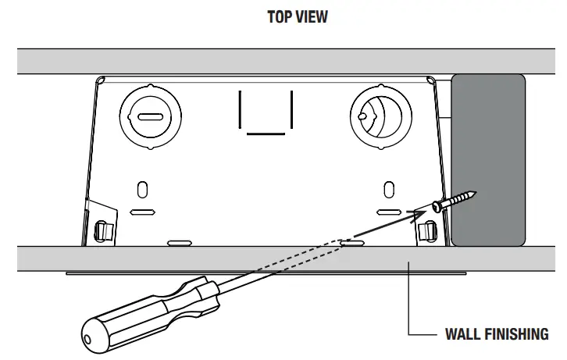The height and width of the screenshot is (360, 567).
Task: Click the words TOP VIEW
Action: pyautogui.click(x=297, y=17)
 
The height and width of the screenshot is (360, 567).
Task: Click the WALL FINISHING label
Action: pyautogui.click(x=496, y=334)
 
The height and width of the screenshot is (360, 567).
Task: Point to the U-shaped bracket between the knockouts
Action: pyautogui.click(x=266, y=113)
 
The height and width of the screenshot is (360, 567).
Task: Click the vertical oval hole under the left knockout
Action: pyautogui.click(x=142, y=189)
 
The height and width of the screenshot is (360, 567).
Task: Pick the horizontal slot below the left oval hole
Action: pyautogui.click(x=142, y=212)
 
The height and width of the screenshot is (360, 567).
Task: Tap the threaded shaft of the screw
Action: pyautogui.click(x=460, y=199)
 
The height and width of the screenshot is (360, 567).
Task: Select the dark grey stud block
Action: pyautogui.click(x=488, y=159)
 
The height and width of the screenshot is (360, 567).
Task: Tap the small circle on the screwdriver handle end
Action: pyautogui.click(x=87, y=340)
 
